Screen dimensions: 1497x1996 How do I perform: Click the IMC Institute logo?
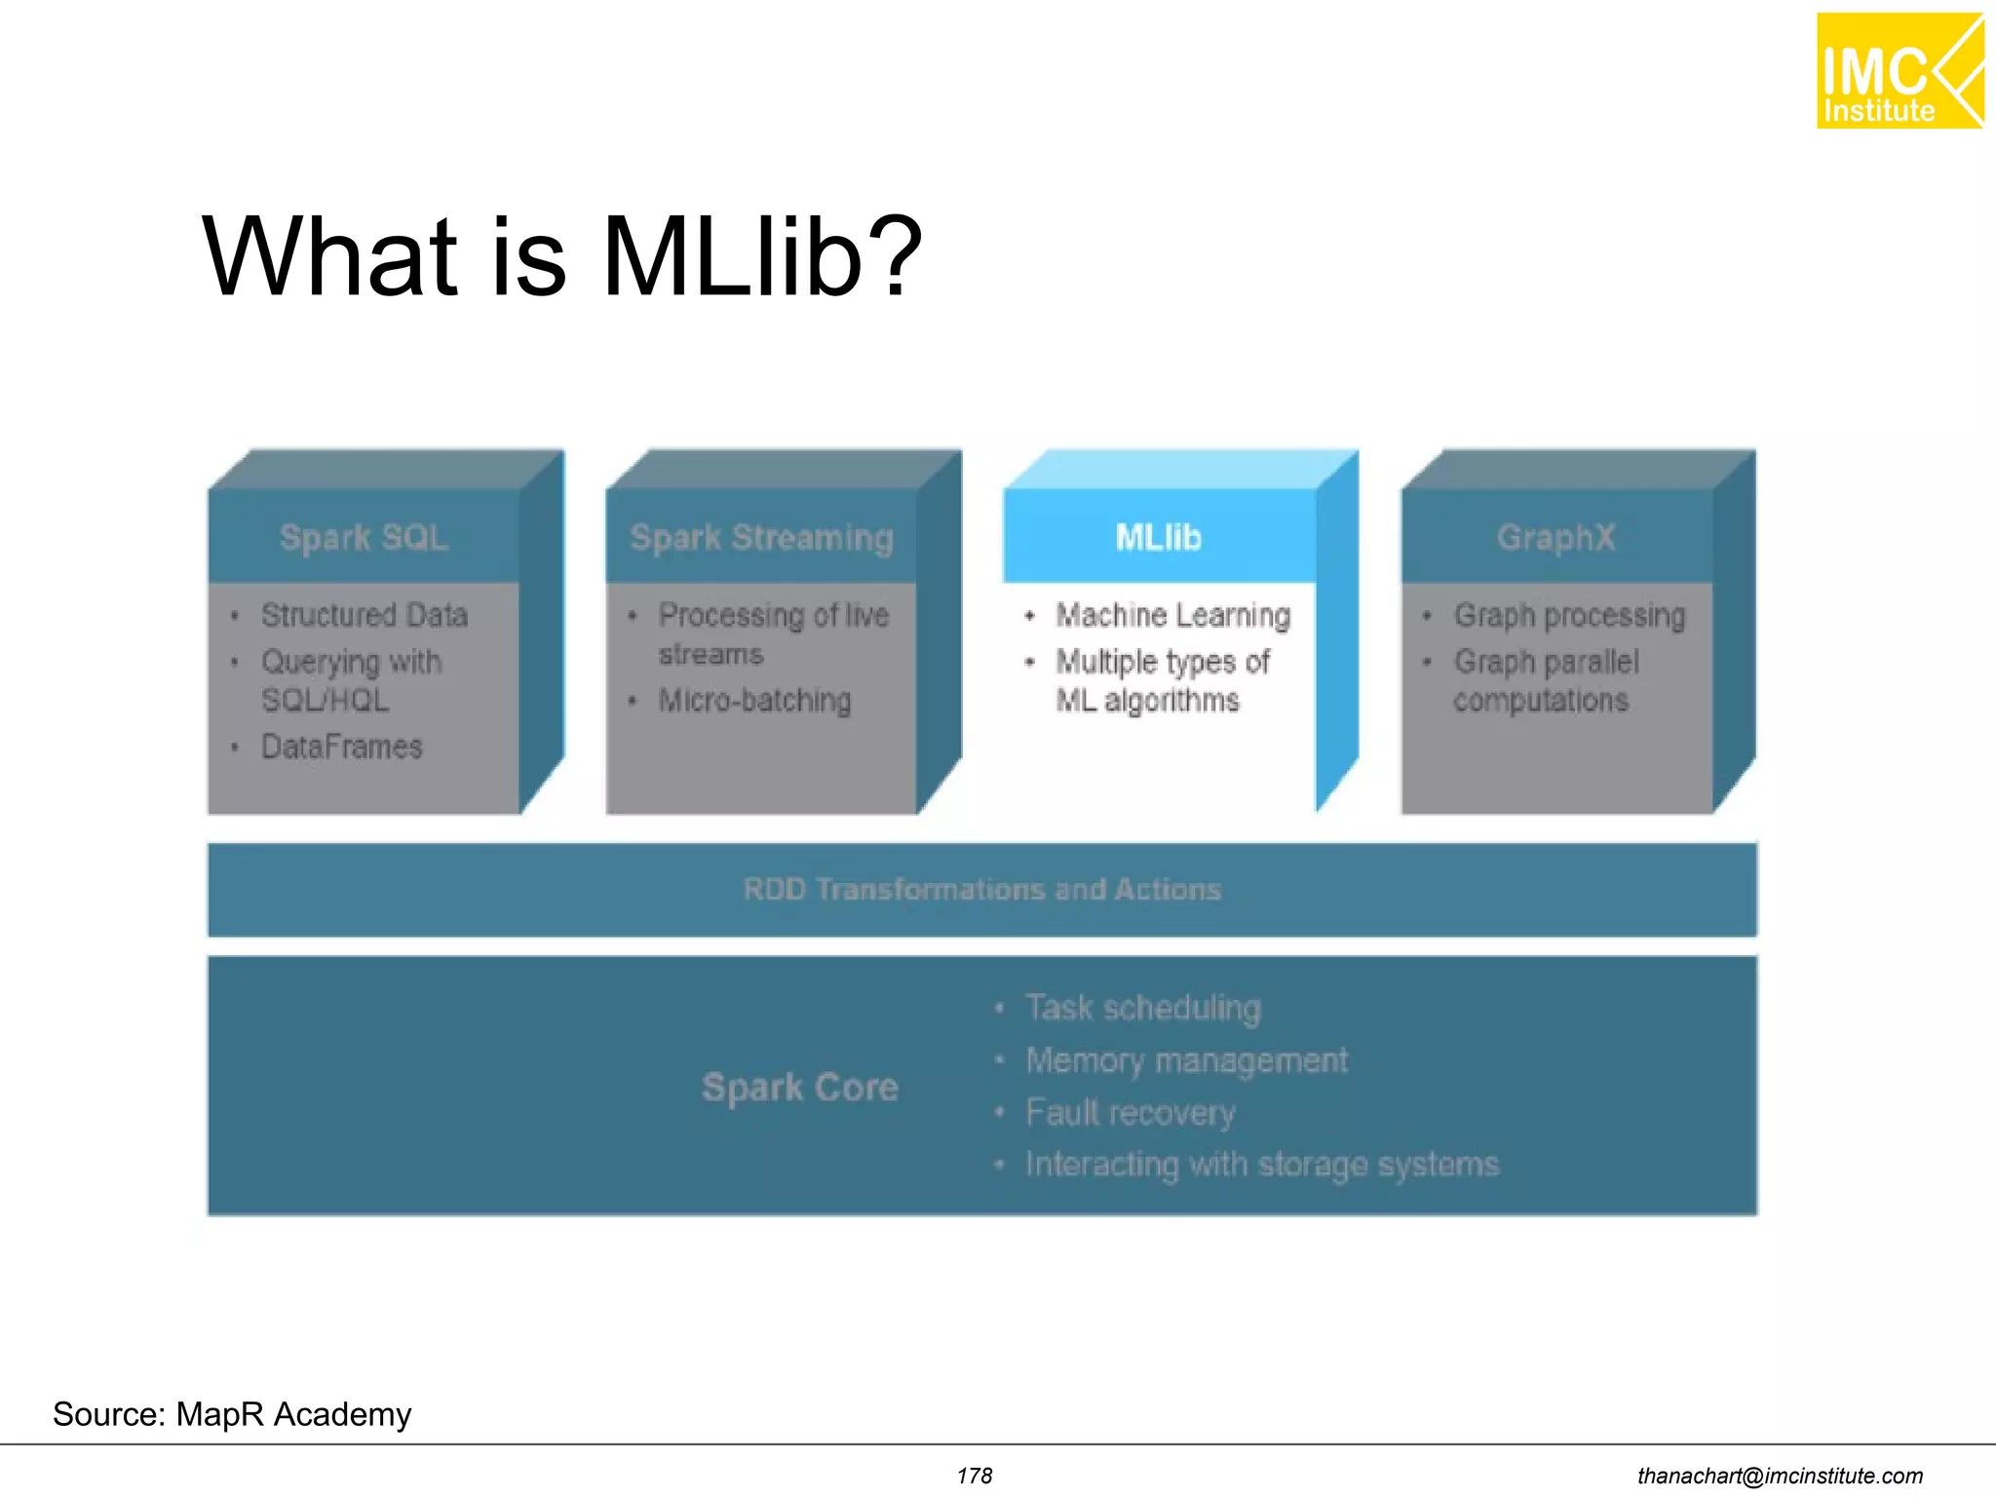pos(1899,71)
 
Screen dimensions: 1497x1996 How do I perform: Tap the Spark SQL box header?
pos(365,537)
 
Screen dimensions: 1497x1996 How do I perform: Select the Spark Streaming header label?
pos(761,537)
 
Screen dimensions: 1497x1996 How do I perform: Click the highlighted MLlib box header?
pos(1158,537)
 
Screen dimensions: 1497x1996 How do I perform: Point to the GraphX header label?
pos(1555,537)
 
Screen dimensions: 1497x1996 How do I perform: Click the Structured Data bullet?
pos(365,615)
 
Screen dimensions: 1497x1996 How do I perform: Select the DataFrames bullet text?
pos(341,747)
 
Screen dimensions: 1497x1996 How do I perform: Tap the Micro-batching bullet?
pos(754,700)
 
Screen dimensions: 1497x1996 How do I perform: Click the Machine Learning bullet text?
pos(1172,615)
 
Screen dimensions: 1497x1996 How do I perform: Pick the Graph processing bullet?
pos(1569,615)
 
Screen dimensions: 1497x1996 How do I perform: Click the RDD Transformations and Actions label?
pos(981,889)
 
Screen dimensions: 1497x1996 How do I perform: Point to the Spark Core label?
pos(799,1087)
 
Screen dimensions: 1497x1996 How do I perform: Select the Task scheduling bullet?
pos(1142,1008)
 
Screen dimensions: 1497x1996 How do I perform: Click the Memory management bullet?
pos(1186,1060)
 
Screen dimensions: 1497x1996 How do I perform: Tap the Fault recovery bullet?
pos(1130,1112)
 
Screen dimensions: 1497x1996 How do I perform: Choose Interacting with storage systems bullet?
pos(1261,1165)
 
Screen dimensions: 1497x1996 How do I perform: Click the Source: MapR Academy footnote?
pos(232,1414)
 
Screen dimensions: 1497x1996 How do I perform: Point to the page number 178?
pos(974,1476)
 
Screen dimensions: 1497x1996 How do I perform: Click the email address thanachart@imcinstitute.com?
pos(1780,1476)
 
